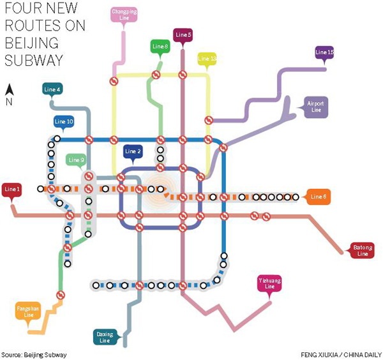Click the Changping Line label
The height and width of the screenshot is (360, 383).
click(x=123, y=15)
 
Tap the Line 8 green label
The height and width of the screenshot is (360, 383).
click(x=160, y=46)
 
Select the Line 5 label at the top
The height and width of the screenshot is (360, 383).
click(x=183, y=34)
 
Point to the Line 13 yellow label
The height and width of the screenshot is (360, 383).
click(x=207, y=59)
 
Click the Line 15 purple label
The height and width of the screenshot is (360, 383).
click(x=325, y=52)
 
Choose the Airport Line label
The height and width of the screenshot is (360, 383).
click(x=315, y=106)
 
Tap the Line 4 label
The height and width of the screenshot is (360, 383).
click(x=53, y=89)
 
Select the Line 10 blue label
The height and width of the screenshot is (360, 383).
click(x=64, y=121)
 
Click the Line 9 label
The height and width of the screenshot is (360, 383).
click(x=76, y=160)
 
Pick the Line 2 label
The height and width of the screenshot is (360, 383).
click(x=133, y=151)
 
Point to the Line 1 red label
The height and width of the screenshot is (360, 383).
click(x=12, y=190)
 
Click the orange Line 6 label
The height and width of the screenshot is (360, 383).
click(x=319, y=197)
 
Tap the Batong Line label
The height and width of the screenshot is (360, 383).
click(x=362, y=250)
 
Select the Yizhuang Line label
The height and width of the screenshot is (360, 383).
click(x=269, y=283)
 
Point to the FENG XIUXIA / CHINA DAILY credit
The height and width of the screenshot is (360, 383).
click(x=338, y=354)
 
